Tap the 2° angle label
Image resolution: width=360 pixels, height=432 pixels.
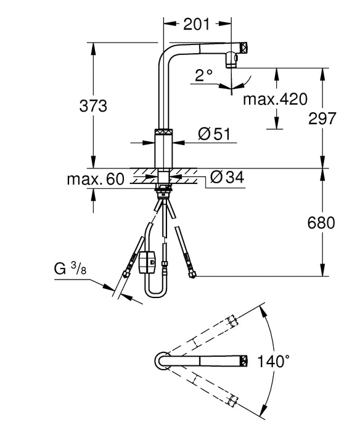click(x=204, y=76)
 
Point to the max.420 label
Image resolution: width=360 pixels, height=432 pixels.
click(x=274, y=99)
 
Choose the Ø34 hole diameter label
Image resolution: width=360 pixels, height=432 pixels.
click(x=227, y=178)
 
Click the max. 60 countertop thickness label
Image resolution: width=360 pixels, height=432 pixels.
click(x=96, y=180)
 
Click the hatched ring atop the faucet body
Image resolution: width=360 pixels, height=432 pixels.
click(x=164, y=131)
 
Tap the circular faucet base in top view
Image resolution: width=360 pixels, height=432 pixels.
click(x=162, y=360)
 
